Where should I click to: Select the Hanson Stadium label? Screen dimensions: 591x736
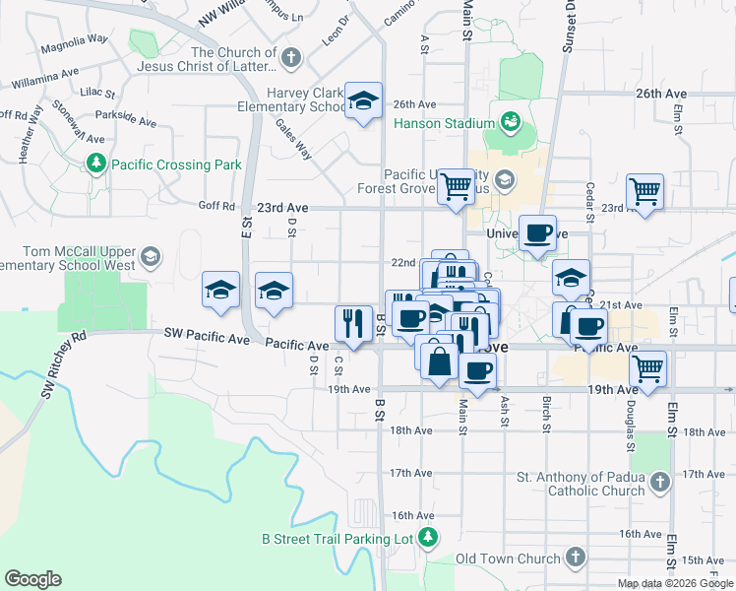pyautogui.click(x=443, y=124)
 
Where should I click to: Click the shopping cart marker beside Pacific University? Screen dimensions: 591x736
pyautogui.click(x=456, y=185)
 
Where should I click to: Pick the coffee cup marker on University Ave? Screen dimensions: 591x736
pyautogui.click(x=537, y=234)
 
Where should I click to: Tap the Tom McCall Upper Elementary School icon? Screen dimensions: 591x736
pyautogui.click(x=150, y=258)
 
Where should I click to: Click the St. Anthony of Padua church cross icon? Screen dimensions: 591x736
pyautogui.click(x=659, y=483)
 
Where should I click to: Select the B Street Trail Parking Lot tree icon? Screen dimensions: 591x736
pyautogui.click(x=427, y=538)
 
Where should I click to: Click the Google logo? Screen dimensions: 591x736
pyautogui.click(x=33, y=579)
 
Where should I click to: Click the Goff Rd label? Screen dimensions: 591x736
pyautogui.click(x=216, y=207)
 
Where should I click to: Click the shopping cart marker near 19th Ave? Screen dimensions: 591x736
pyautogui.click(x=647, y=369)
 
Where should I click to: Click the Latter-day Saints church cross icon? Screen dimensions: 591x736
pyautogui.click(x=290, y=59)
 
